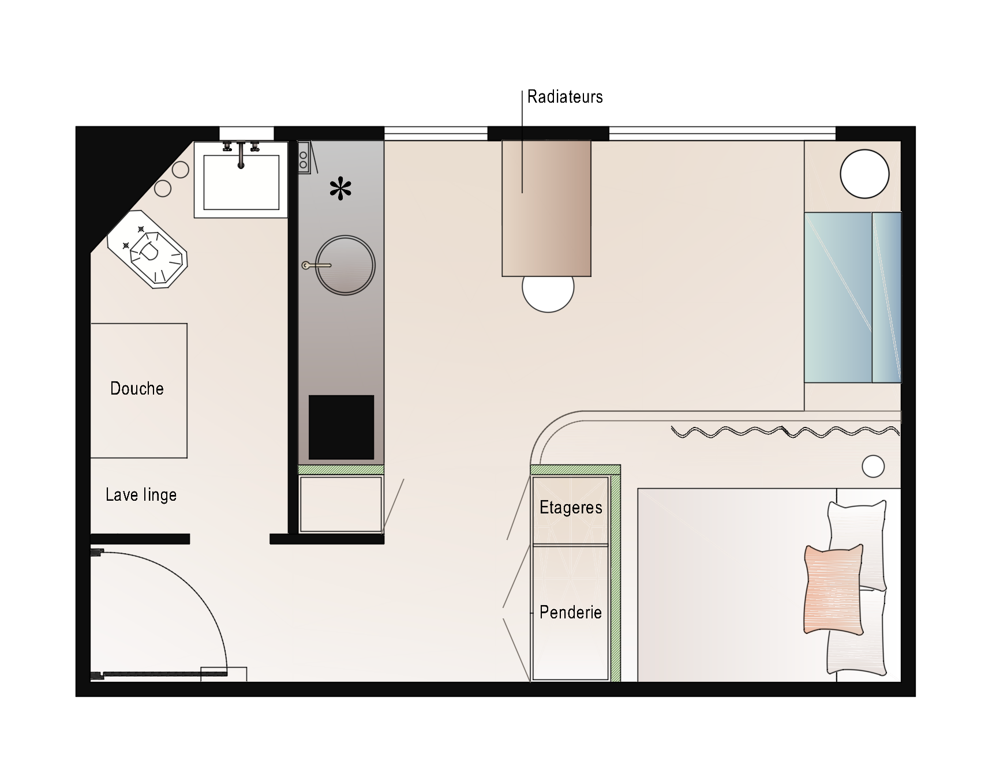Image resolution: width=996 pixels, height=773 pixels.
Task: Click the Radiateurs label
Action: click(x=565, y=97)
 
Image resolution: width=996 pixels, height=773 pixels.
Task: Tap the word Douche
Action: click(x=137, y=388)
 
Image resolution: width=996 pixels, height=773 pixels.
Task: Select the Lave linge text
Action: click(x=141, y=495)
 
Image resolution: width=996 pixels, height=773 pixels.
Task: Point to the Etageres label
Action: click(x=571, y=508)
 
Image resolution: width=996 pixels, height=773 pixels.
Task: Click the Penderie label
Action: click(x=571, y=612)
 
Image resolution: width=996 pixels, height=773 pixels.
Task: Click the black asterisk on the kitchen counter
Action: click(x=340, y=189)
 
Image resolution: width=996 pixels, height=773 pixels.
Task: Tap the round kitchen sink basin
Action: click(x=345, y=265)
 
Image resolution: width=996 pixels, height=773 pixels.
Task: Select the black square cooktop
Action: click(x=341, y=427)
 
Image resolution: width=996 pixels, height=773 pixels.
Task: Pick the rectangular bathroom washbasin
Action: click(x=241, y=179)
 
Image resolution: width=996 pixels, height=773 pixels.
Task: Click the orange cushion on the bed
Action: click(x=834, y=590)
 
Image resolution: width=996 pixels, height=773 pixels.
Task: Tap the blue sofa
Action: click(x=853, y=297)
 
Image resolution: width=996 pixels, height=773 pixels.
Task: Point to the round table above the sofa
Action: click(x=864, y=174)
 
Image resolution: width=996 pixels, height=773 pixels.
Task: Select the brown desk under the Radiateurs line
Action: click(x=546, y=208)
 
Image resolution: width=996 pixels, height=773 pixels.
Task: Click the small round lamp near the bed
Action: click(x=873, y=466)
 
